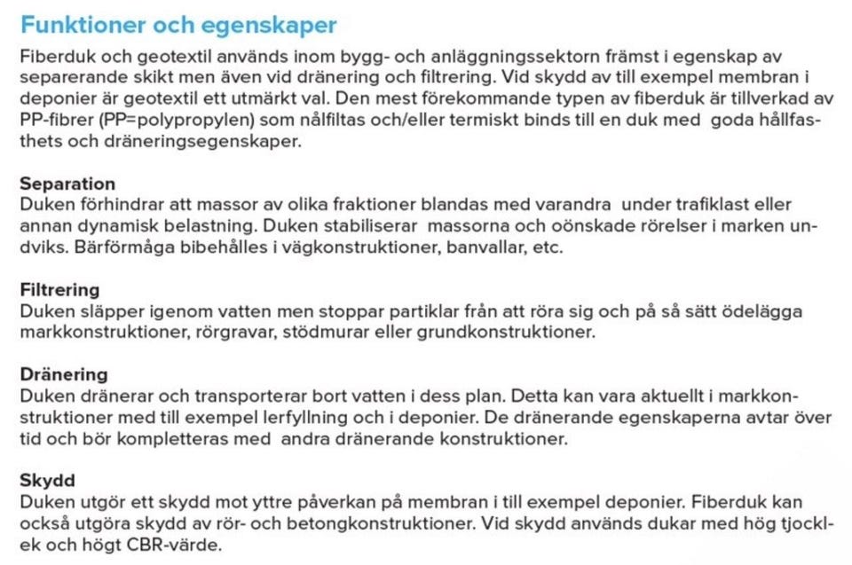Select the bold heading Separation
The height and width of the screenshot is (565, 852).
(67, 184)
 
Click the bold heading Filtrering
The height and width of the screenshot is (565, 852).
(59, 290)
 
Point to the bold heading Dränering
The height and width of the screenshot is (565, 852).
(64, 374)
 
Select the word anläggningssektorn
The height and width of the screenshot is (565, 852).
(427, 58)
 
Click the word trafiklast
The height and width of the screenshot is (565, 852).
(700, 205)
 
